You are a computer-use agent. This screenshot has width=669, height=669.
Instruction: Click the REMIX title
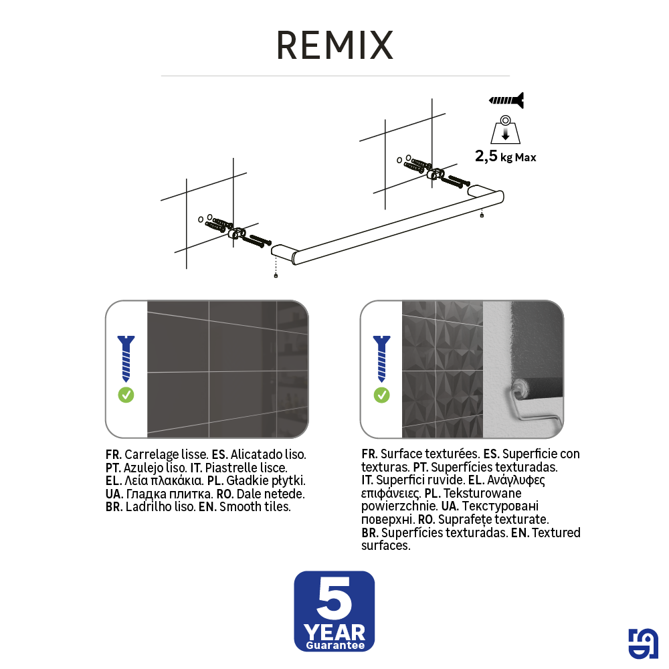pyautogui.click(x=335, y=45)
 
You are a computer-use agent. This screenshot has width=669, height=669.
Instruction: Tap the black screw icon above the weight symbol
pyautogui.click(x=506, y=100)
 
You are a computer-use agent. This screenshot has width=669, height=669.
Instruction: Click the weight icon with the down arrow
pyautogui.click(x=506, y=130)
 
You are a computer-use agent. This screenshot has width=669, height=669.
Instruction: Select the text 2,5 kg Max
pyautogui.click(x=506, y=157)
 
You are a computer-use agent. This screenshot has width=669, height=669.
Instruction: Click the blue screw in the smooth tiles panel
pyautogui.click(x=126, y=359)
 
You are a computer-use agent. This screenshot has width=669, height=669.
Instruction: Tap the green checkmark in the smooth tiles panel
pyautogui.click(x=126, y=395)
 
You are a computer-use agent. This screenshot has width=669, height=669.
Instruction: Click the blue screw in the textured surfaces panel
pyautogui.click(x=381, y=359)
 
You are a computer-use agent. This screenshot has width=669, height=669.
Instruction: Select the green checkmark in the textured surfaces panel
pyautogui.click(x=381, y=395)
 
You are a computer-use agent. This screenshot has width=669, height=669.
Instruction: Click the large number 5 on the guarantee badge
pyautogui.click(x=334, y=598)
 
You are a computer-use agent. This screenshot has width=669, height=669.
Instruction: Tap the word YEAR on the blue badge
pyautogui.click(x=334, y=632)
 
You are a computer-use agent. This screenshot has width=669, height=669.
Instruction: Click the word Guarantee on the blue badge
pyautogui.click(x=335, y=646)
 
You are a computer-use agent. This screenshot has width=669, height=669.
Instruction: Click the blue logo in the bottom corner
pyautogui.click(x=644, y=644)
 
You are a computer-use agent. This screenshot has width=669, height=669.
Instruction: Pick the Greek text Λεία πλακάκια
pyautogui.click(x=163, y=481)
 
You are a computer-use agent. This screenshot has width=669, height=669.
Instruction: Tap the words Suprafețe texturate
pyautogui.click(x=493, y=520)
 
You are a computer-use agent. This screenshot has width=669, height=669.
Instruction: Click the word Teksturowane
pyautogui.click(x=482, y=493)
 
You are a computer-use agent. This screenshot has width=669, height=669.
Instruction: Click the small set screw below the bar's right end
pyautogui.click(x=482, y=215)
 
